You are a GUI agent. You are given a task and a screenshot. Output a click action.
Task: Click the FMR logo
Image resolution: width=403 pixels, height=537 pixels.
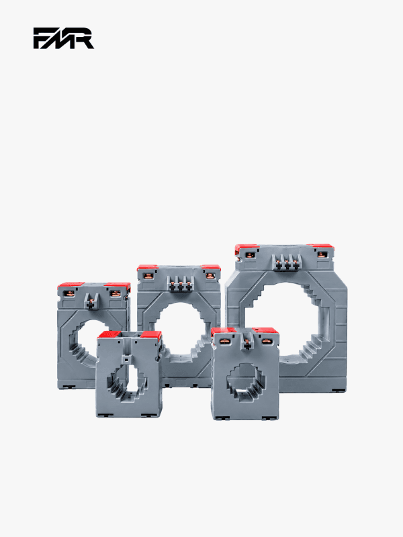pyautogui.click(x=63, y=38)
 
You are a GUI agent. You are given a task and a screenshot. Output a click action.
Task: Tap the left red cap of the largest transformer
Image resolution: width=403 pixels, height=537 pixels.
pyautogui.click(x=246, y=248)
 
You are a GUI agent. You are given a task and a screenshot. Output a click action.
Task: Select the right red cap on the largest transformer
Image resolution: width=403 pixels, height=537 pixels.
pyautogui.click(x=321, y=247)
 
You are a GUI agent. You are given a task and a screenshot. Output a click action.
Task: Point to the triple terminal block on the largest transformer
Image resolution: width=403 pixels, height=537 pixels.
pyautogui.click(x=287, y=263)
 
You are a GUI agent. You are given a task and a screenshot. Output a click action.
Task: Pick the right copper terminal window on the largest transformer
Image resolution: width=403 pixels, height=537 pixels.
pyautogui.click(x=321, y=254)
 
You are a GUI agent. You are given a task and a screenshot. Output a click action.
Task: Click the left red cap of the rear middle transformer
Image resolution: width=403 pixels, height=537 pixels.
pyautogui.click(x=147, y=267)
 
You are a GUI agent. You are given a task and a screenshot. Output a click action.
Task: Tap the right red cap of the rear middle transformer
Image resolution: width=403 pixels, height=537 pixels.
pyautogui.click(x=211, y=267)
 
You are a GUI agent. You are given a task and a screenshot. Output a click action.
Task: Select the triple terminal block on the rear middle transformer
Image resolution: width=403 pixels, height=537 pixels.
pyautogui.click(x=180, y=284)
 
